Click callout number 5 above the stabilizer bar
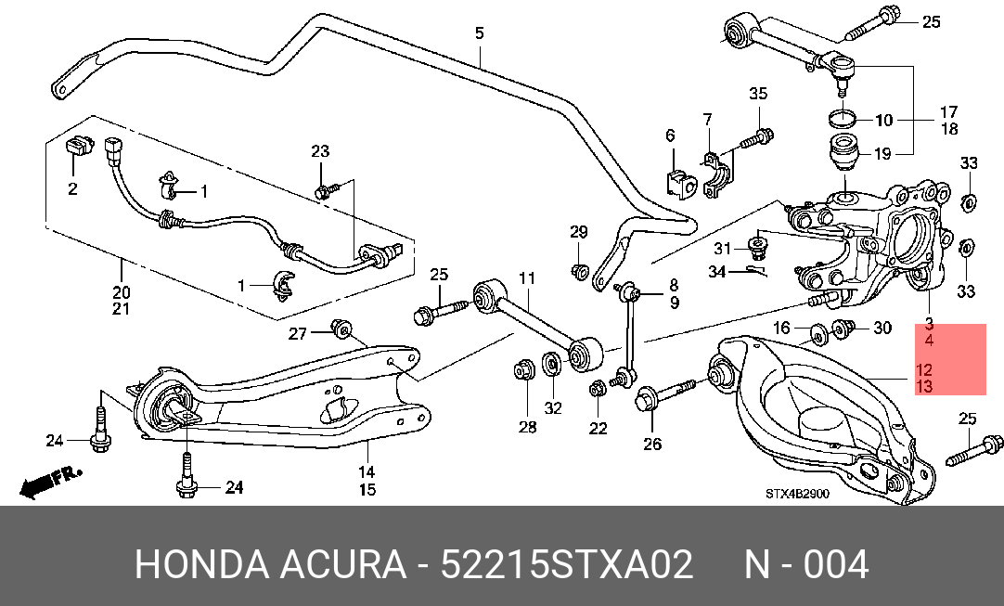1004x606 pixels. (x=480, y=32)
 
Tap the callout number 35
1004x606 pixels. (x=758, y=94)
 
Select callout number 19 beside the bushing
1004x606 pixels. (x=882, y=154)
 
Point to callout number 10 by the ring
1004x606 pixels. (x=883, y=120)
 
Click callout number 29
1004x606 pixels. (x=579, y=232)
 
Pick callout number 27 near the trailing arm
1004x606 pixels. (x=298, y=333)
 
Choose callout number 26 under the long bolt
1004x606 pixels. (x=651, y=444)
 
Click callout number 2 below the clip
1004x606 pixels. (x=72, y=189)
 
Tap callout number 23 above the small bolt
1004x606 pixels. (x=320, y=151)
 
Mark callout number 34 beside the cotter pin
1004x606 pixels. (x=717, y=272)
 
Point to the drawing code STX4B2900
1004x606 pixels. (x=797, y=494)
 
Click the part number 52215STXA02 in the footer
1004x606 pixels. (x=567, y=565)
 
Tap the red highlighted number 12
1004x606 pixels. (x=924, y=370)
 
